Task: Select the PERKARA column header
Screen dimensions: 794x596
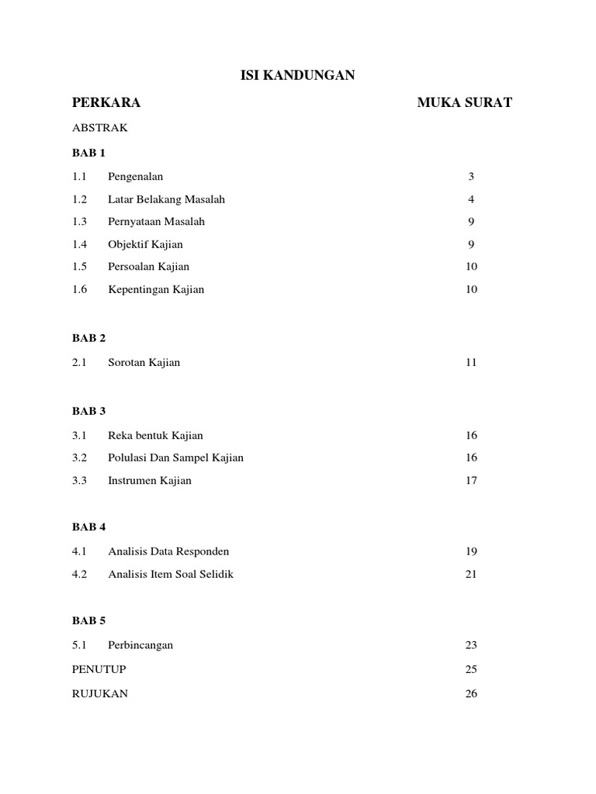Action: (106, 102)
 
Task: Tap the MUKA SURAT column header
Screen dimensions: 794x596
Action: (464, 102)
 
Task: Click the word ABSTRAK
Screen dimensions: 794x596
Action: (100, 128)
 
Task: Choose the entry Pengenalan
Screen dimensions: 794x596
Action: (136, 177)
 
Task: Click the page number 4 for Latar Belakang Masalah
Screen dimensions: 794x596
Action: (471, 199)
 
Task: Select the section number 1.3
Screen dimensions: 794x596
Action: (80, 222)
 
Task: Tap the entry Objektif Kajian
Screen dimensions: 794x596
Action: (146, 244)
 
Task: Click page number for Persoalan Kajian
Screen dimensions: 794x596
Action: (471, 267)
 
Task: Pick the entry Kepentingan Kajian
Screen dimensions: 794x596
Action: (156, 289)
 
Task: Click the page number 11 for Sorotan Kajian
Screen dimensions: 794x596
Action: (471, 362)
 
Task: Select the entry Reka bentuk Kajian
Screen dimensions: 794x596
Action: (156, 435)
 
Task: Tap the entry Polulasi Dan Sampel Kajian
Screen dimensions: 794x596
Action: (176, 457)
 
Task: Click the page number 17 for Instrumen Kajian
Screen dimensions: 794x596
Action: (471, 480)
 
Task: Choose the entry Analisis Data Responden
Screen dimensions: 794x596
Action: (169, 551)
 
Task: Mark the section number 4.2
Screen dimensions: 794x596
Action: (80, 575)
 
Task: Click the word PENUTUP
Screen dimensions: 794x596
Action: (99, 669)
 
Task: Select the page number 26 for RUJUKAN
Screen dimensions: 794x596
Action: (471, 694)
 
